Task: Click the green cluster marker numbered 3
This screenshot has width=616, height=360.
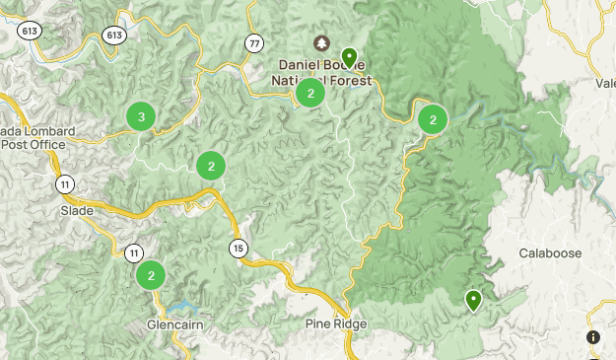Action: pyautogui.click(x=141, y=117)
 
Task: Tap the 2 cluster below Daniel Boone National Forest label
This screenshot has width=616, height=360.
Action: pyautogui.click(x=310, y=94)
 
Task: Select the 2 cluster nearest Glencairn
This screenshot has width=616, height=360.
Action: pyautogui.click(x=151, y=275)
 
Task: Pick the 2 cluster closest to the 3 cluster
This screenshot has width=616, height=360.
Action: pyautogui.click(x=211, y=165)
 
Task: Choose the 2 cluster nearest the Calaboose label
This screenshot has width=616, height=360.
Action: pyautogui.click(x=433, y=119)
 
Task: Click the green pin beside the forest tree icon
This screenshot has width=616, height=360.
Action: pyautogui.click(x=349, y=56)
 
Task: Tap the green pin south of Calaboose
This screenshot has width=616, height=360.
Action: pyautogui.click(x=474, y=299)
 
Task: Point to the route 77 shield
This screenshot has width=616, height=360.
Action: pyautogui.click(x=255, y=42)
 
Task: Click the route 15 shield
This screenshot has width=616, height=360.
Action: pyautogui.click(x=238, y=248)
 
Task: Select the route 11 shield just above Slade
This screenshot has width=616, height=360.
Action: pyautogui.click(x=64, y=184)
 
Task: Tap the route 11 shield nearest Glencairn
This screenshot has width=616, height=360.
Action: pyautogui.click(x=133, y=254)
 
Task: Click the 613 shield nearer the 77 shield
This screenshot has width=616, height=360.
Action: pyautogui.click(x=114, y=36)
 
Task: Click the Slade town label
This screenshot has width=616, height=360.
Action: pyautogui.click(x=77, y=210)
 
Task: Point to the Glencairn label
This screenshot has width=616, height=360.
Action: pyautogui.click(x=173, y=324)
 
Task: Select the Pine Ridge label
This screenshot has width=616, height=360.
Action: pyautogui.click(x=336, y=324)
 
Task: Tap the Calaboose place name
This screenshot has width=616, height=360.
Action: pyautogui.click(x=550, y=253)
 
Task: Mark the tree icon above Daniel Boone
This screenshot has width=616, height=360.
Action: pyautogui.click(x=322, y=43)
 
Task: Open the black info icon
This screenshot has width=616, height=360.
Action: pyautogui.click(x=592, y=337)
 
